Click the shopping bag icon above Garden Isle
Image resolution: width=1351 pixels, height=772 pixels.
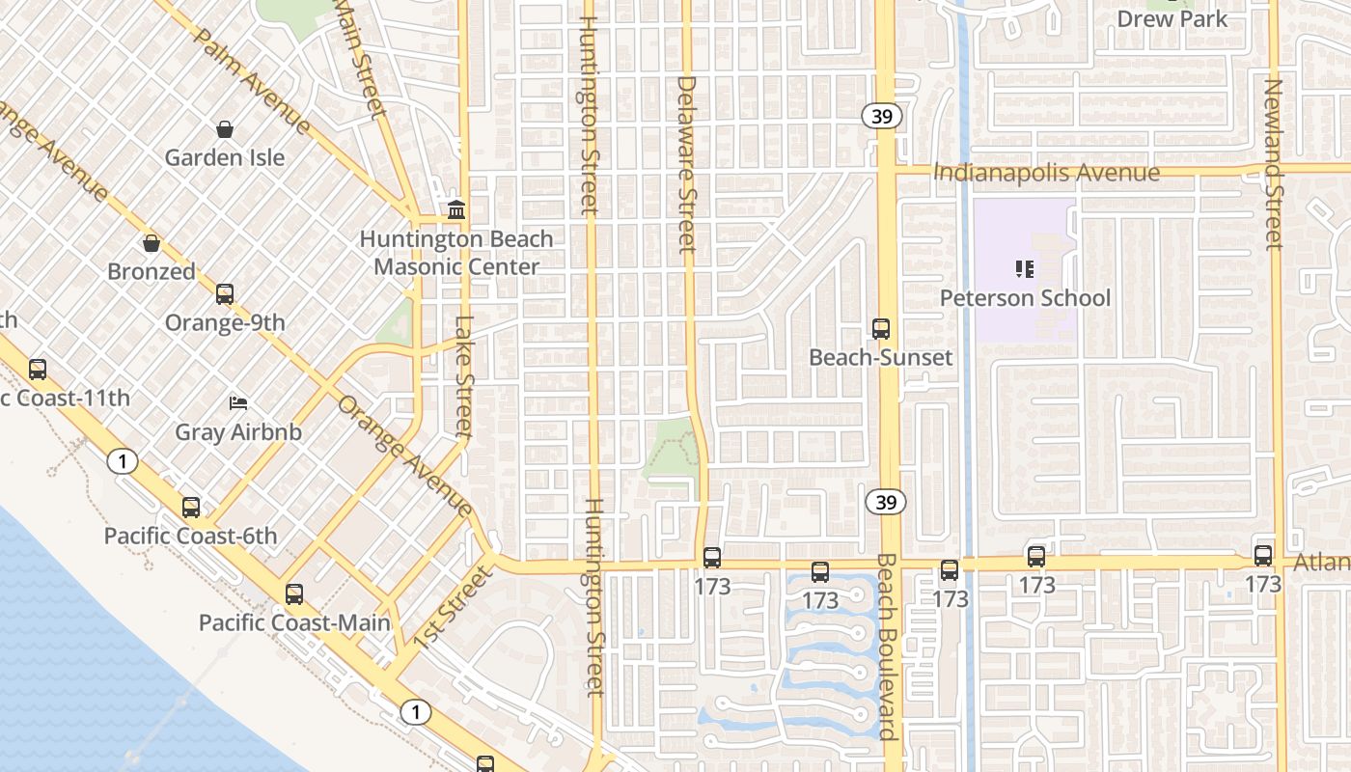(x=225, y=129)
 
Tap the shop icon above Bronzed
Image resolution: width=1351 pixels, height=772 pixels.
(x=151, y=242)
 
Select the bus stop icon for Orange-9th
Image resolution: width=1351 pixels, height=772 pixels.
(x=225, y=293)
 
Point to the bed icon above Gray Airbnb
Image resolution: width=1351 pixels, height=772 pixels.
(x=237, y=402)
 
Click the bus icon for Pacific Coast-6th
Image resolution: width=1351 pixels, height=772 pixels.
(x=191, y=507)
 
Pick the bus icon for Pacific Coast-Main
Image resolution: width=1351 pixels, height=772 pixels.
(x=294, y=593)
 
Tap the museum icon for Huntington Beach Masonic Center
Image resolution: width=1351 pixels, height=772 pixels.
(x=456, y=209)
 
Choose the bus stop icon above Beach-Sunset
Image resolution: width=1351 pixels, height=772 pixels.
(x=880, y=328)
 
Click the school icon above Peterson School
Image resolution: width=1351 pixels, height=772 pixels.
(x=1025, y=268)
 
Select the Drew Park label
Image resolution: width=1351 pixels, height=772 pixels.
(x=1172, y=18)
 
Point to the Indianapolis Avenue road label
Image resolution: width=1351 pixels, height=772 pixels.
(x=1047, y=173)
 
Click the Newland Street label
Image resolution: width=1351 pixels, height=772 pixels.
(x=1274, y=164)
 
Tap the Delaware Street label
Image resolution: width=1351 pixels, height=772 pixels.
(x=686, y=164)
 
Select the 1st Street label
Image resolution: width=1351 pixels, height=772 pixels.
(x=454, y=607)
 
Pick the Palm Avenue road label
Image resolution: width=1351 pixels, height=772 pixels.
(x=252, y=80)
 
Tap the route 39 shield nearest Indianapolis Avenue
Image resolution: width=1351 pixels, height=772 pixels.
(x=882, y=117)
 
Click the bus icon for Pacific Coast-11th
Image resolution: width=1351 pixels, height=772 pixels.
(x=38, y=369)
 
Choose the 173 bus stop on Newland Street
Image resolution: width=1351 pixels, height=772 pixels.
(x=1262, y=556)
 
